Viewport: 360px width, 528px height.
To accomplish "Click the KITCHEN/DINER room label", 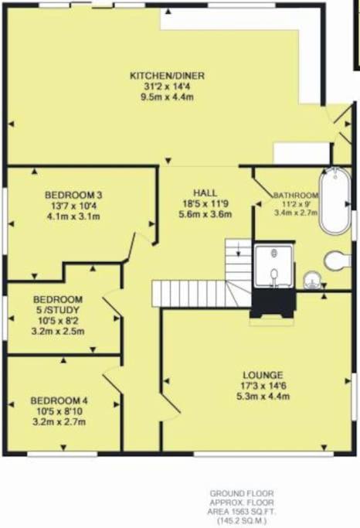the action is click(x=167, y=76).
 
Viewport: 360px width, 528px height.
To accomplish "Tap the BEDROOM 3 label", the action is click(x=73, y=195).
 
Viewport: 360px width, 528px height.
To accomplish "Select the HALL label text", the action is click(x=205, y=193).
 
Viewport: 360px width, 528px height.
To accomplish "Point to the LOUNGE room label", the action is click(x=263, y=375).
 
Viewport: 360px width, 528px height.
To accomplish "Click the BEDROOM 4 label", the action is click(x=59, y=400).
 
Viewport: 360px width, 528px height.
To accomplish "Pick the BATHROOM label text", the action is click(x=296, y=196).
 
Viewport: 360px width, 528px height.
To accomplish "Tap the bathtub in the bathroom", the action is click(x=335, y=201).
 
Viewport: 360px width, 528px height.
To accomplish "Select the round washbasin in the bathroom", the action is click(x=312, y=281).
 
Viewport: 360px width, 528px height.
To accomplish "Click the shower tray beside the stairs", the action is click(x=274, y=266).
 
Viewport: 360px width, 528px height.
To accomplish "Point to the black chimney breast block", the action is click(x=273, y=303).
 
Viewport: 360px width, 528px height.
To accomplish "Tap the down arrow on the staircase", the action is click(x=239, y=248).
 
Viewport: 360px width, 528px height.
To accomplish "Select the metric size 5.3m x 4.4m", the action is click(x=263, y=396).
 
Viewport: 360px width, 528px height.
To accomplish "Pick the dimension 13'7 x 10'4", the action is click(x=73, y=206).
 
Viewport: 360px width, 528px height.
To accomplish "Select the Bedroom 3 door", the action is click(x=131, y=247).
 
